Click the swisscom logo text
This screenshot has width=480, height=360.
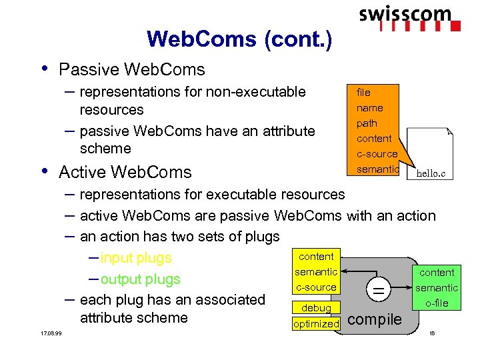[405, 14]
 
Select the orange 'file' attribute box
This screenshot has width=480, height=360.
[364, 92]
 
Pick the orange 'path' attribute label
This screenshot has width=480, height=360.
[367, 123]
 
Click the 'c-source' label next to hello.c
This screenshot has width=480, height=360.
[377, 154]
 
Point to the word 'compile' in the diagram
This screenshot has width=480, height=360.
[375, 319]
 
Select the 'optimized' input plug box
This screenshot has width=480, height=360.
[317, 323]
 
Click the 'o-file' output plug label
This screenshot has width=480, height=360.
[437, 303]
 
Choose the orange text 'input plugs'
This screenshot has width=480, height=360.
[135, 258]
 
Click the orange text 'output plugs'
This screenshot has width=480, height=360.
[140, 279]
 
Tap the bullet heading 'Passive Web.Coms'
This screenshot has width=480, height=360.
[131, 69]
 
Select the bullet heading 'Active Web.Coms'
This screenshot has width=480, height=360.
[125, 172]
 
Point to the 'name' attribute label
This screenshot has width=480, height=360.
[369, 108]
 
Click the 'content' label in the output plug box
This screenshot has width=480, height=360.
[437, 273]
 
